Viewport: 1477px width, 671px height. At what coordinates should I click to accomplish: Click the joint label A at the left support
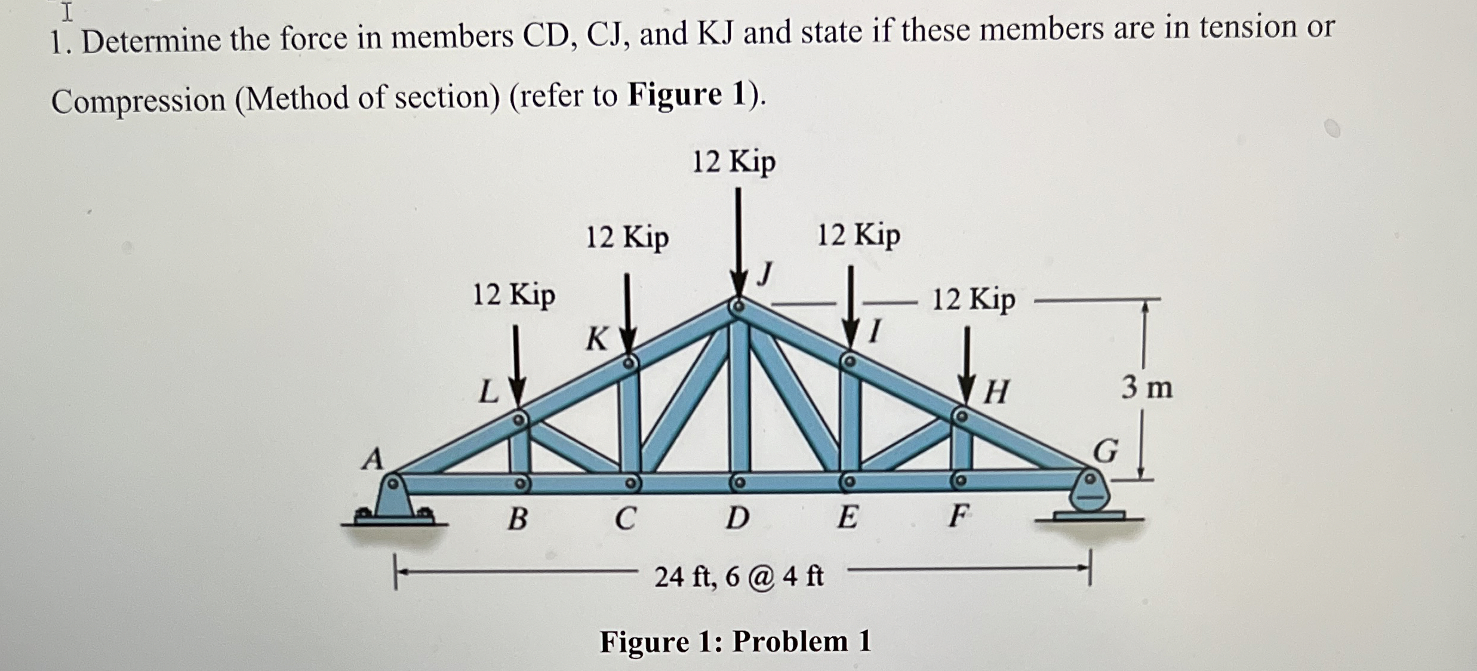click(373, 459)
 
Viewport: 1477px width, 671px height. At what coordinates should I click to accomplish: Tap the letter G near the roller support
click(1106, 451)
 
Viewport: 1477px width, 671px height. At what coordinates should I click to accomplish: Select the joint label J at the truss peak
click(766, 274)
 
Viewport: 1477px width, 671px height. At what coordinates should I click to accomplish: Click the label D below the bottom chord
click(737, 518)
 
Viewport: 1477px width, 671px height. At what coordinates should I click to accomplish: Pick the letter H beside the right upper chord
click(996, 393)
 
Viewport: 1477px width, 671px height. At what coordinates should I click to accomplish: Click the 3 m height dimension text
click(1146, 388)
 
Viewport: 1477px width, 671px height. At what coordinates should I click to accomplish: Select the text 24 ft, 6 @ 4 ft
click(739, 577)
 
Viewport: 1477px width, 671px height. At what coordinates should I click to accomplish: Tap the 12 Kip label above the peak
click(734, 162)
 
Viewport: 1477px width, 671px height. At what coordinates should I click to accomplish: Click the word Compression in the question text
click(139, 100)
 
